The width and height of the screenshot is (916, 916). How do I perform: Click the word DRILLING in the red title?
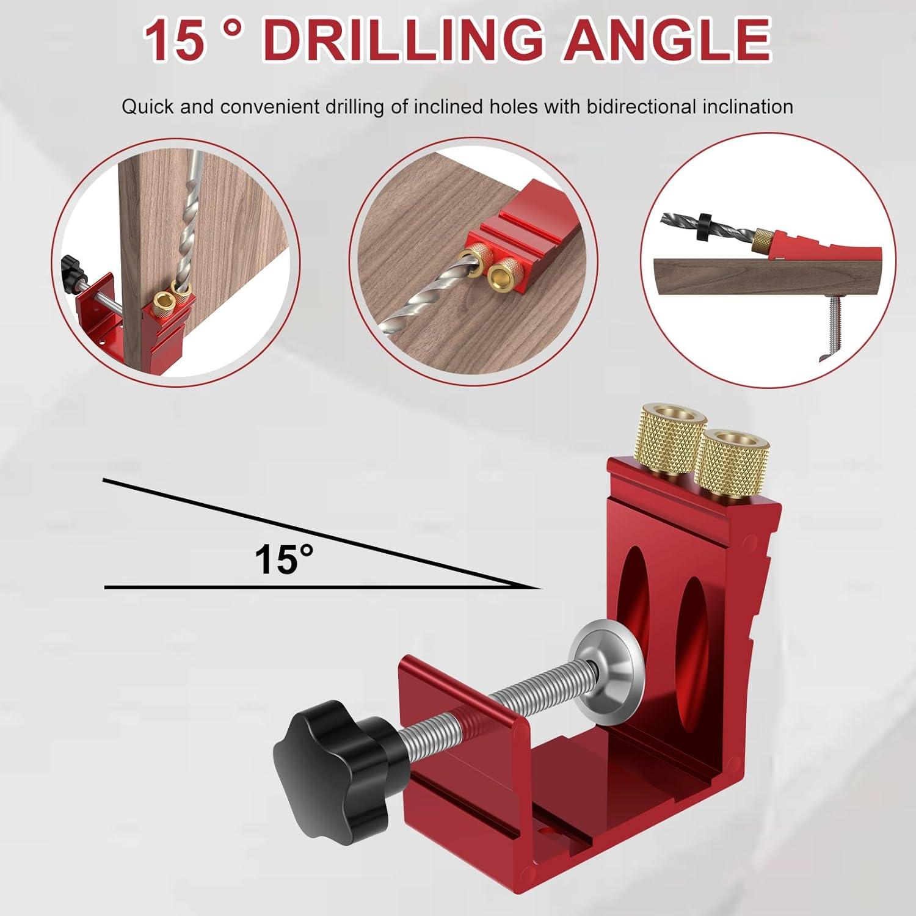405,40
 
